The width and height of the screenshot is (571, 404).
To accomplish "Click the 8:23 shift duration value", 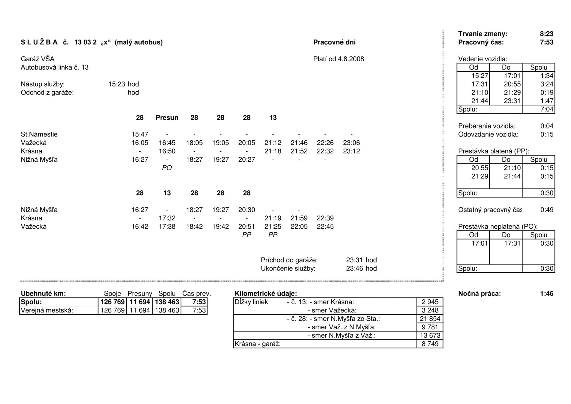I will coord(546,34).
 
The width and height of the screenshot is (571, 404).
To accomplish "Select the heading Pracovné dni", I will coord(334,42).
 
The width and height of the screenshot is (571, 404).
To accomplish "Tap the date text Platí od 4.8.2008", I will coord(338,59).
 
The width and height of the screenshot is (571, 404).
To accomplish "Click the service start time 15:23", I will coord(117,84).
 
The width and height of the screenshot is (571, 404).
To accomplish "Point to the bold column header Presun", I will coord(167,118).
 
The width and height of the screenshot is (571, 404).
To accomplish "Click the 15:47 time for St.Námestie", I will coord(140,134).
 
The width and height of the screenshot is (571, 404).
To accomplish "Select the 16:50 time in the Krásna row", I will coord(167,151).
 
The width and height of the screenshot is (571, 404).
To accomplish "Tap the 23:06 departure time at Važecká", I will coord(351,143).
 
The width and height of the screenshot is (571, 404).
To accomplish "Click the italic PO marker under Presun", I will coord(167,168).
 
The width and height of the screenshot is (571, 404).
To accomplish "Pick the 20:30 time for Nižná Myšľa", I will coord(247,210).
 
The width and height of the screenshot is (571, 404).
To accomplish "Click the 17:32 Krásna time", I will coord(167,218).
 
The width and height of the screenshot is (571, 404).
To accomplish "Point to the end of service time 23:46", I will coord(354,268).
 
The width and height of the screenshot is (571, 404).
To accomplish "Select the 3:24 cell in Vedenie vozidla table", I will coord(547,84).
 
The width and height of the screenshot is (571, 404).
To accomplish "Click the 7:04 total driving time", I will coord(547,109).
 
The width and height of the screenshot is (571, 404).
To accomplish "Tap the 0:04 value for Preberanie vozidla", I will coord(547,126).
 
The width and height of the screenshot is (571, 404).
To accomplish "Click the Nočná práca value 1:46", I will coord(547,294).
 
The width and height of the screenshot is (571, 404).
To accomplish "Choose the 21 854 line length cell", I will coord(430,319).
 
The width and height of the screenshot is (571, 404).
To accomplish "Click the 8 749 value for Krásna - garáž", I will coord(430,344).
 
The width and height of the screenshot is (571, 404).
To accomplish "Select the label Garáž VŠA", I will coord(37,59).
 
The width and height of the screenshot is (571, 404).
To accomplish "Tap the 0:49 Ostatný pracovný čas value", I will coord(547,210).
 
